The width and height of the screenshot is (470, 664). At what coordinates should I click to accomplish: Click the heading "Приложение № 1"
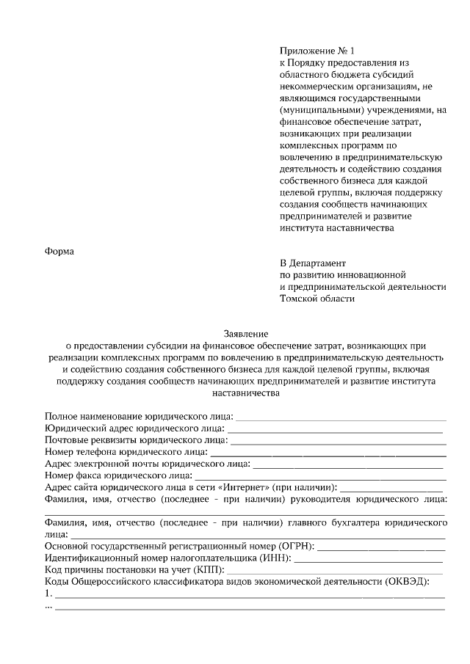pos(317,51)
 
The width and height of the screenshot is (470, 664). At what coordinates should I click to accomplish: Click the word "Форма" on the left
pos(60,249)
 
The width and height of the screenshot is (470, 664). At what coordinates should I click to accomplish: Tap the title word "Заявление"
pos(246,332)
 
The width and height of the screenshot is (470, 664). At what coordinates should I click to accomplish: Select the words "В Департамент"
pos(313,263)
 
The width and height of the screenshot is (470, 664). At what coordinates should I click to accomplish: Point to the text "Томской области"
pos(317,298)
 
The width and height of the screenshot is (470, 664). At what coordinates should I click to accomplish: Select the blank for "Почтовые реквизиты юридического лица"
pos(338,440)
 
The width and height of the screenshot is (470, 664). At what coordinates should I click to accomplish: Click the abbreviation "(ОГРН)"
pos(296,546)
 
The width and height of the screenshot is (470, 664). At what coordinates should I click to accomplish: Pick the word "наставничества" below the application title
pos(246,392)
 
